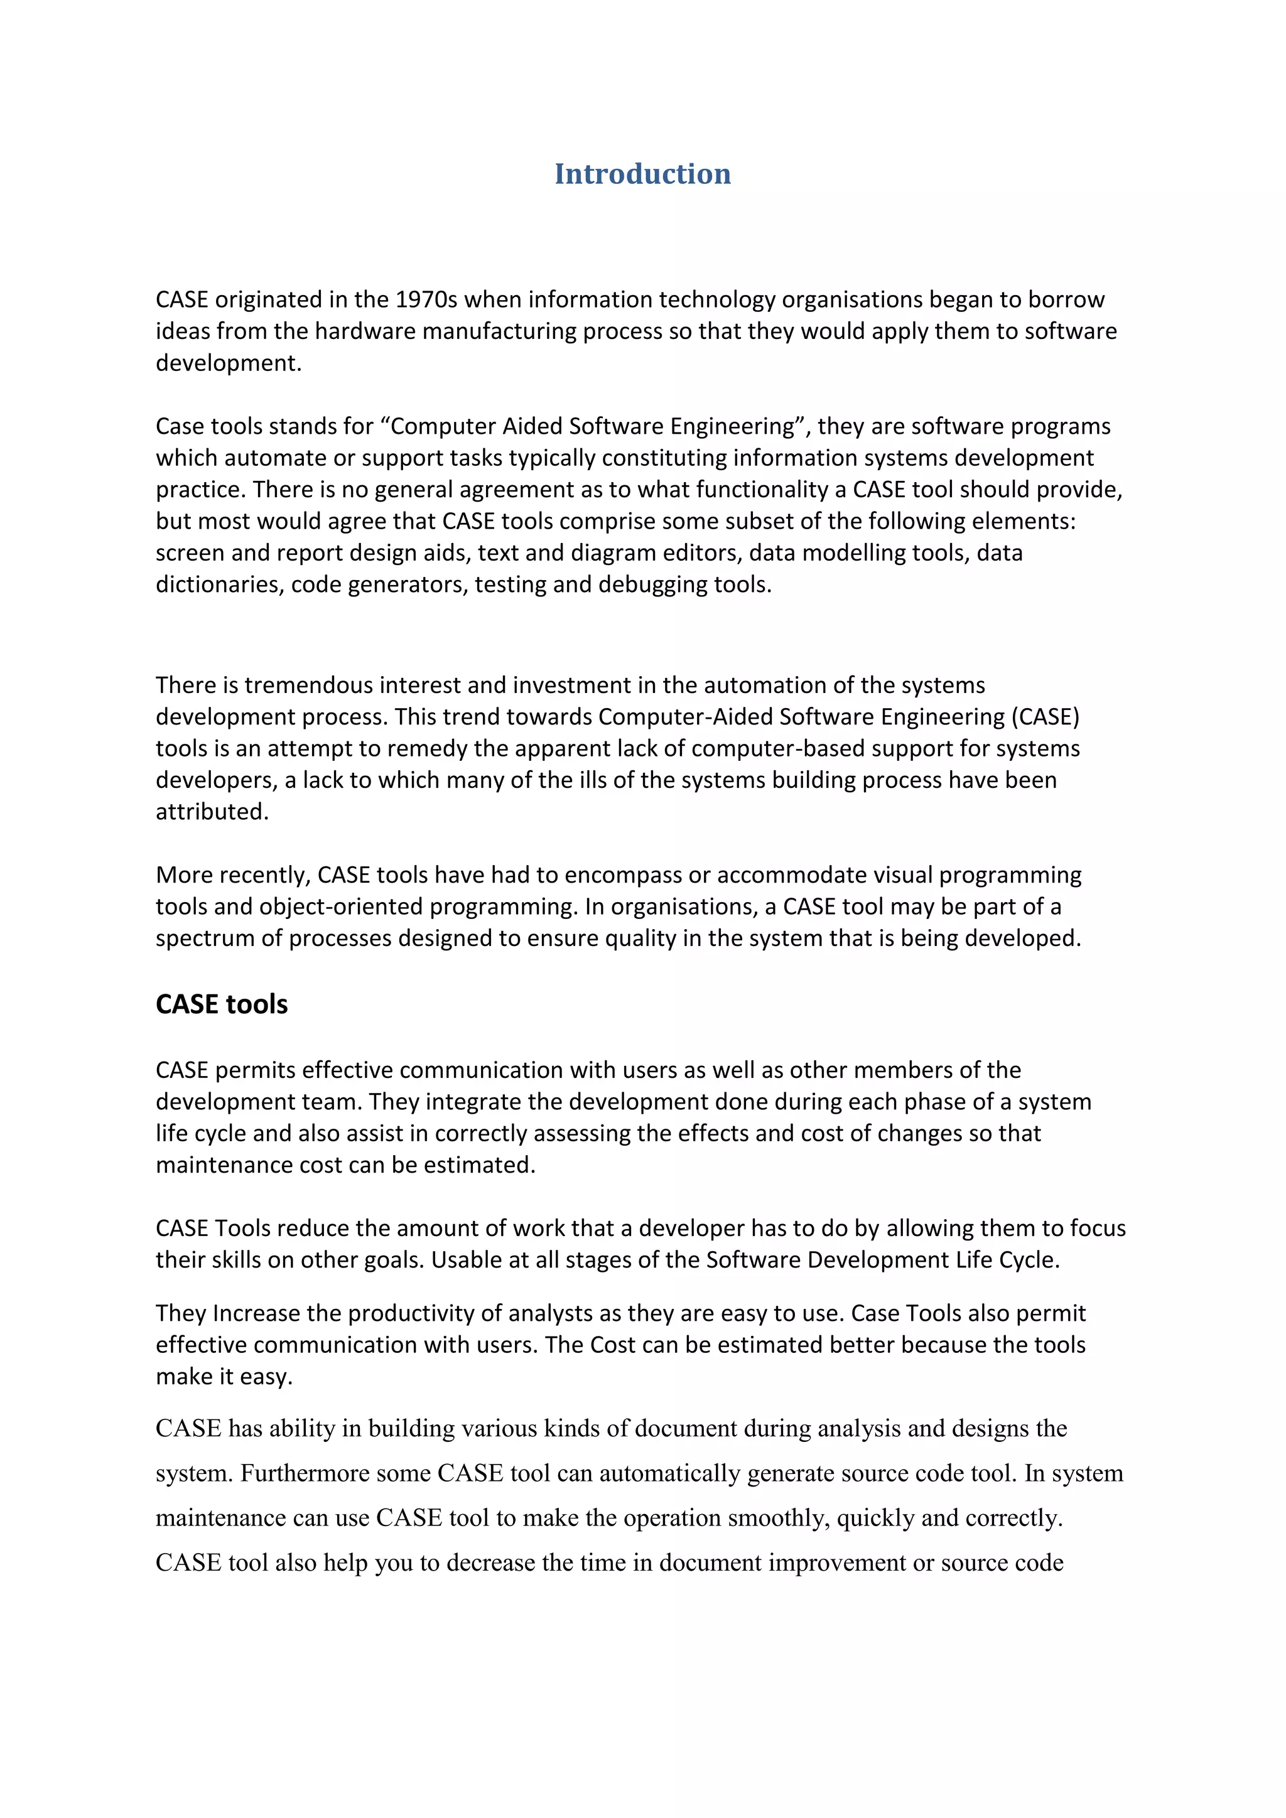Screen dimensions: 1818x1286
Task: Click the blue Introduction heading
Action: (x=642, y=174)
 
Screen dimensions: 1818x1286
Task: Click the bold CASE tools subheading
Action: (x=222, y=1004)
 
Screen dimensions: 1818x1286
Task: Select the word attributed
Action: (x=212, y=812)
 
